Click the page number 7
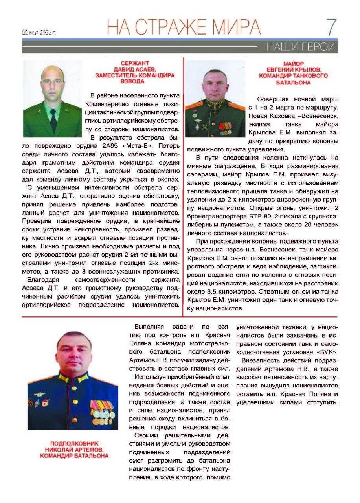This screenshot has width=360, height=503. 331,28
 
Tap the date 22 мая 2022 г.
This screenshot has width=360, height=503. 39,33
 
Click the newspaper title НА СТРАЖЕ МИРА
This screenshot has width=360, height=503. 184,27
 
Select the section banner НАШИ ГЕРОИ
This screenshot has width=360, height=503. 301,47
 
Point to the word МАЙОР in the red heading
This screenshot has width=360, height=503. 293,63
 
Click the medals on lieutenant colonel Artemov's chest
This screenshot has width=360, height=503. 101,411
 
